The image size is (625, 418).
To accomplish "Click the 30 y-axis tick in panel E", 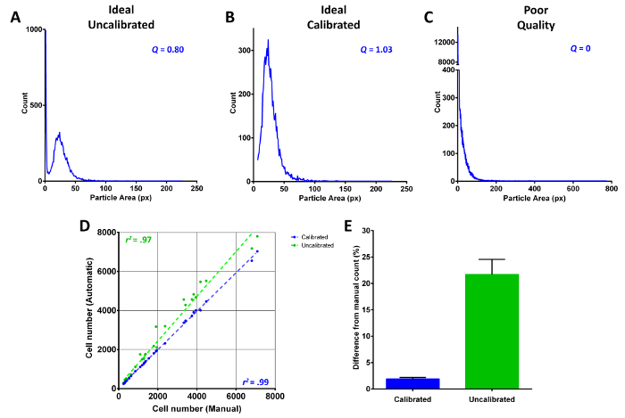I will pyautogui.click(x=372, y=230).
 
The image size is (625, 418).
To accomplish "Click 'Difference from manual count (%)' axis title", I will pyautogui.click(x=356, y=308).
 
